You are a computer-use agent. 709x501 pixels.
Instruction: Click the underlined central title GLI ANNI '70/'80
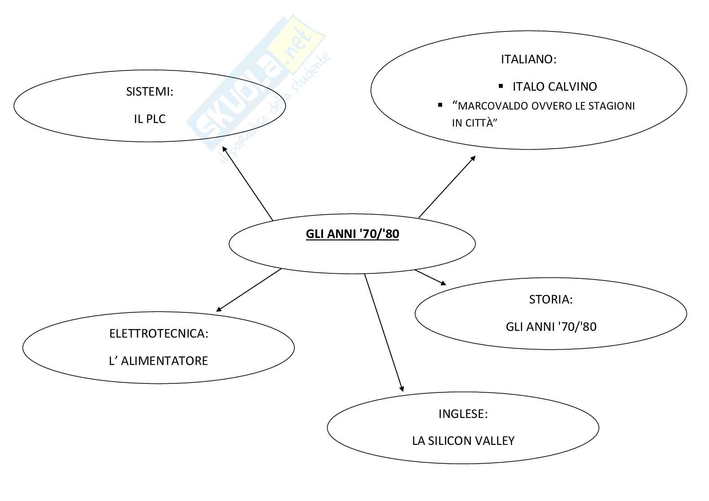(352, 234)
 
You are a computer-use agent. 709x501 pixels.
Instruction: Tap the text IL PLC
(150, 119)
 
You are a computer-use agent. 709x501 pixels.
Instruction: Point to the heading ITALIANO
(528, 59)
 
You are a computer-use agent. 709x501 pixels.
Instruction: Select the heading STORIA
(550, 299)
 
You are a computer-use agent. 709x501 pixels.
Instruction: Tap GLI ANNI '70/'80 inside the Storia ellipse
(551, 326)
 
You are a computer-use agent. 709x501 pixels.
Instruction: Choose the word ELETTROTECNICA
(159, 334)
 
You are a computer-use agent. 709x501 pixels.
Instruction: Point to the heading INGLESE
(463, 414)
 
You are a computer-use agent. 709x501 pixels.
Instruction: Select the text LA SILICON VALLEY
(463, 441)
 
